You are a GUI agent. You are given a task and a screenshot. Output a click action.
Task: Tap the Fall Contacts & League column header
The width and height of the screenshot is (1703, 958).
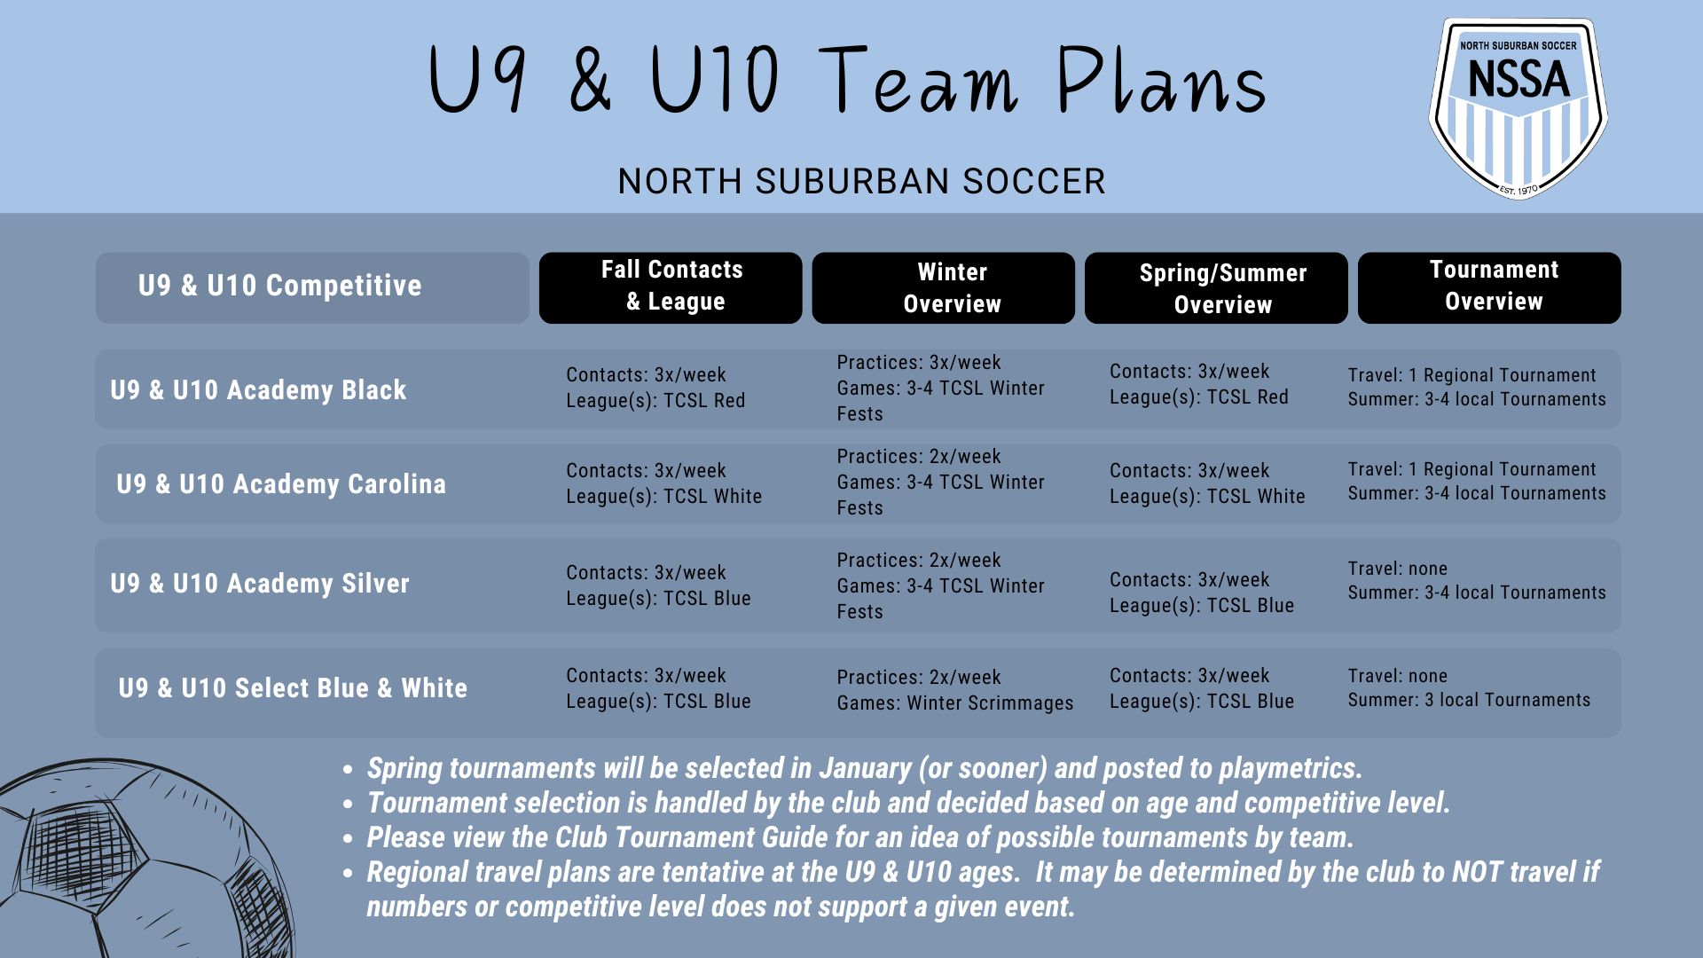(x=671, y=287)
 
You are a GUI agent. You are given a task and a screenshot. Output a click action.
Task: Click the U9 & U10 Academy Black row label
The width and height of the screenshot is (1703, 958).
(x=258, y=390)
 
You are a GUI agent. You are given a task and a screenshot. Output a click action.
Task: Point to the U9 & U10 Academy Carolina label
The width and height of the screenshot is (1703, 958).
(x=281, y=484)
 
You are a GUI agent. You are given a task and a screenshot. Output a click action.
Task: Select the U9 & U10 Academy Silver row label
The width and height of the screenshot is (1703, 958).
(x=260, y=584)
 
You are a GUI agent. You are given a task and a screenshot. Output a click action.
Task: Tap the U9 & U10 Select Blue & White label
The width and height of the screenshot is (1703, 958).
(x=293, y=688)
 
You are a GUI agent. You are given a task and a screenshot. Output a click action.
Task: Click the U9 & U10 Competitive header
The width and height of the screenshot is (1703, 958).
(x=280, y=286)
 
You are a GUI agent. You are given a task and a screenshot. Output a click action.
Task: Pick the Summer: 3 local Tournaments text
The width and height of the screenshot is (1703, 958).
(x=1469, y=701)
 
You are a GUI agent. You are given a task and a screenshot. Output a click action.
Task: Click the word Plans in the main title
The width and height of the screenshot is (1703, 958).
(x=1162, y=82)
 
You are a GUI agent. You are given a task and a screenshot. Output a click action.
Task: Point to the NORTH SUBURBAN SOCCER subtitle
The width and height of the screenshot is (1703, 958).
(x=861, y=182)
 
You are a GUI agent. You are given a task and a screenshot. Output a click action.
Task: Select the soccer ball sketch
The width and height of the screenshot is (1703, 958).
(x=133, y=860)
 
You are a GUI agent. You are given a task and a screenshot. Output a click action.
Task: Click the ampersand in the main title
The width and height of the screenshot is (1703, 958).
(x=591, y=82)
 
